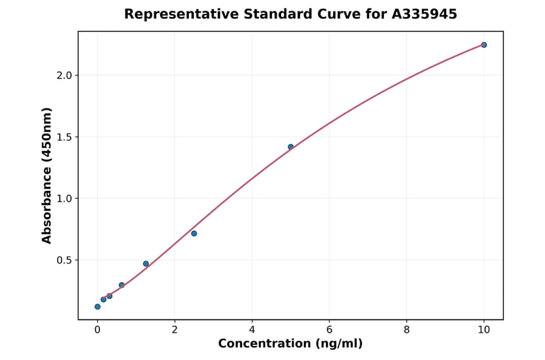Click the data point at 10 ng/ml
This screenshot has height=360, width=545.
[484, 45]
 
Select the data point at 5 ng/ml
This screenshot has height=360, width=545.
[291, 147]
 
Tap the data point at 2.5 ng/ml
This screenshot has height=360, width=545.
[194, 233]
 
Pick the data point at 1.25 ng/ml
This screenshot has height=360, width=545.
[146, 264]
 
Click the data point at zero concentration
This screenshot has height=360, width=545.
[97, 307]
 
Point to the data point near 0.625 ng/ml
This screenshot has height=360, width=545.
[122, 285]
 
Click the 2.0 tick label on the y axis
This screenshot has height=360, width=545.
[64, 75]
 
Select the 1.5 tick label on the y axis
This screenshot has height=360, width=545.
[64, 137]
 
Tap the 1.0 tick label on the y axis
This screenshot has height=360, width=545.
[64, 199]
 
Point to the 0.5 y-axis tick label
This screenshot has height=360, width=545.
[64, 260]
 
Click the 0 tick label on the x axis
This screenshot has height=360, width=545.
[97, 330]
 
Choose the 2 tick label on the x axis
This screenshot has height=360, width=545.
[174, 330]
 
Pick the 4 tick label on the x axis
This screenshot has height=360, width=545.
[252, 330]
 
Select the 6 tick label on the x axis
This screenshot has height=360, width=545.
[329, 330]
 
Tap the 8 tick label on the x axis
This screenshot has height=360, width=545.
[406, 330]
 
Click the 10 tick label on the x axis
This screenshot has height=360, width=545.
[484, 330]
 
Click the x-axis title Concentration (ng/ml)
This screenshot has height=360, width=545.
[290, 344]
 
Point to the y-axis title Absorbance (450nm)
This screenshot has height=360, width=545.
[47, 175]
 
